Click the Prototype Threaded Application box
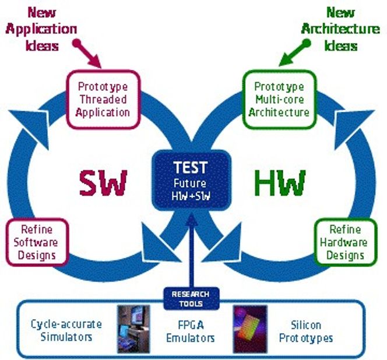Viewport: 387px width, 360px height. click(103, 100)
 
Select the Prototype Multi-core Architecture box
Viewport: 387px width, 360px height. click(279, 100)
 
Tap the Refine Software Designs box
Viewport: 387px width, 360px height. click(37, 242)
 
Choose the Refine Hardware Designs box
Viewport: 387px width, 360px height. click(345, 242)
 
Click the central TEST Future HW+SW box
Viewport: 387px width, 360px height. click(191, 180)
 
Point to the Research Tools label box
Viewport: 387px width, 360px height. click(191, 299)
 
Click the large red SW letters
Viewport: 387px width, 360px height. click(103, 183)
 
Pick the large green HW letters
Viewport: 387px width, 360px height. click(280, 183)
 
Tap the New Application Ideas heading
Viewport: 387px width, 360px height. click(41, 29)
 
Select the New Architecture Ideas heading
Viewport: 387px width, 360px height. click(340, 29)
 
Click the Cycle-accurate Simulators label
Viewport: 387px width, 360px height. click(66, 331)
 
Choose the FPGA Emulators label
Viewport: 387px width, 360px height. click(191, 331)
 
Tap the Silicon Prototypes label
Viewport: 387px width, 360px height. click(306, 331)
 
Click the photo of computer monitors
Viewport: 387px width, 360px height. click(133, 329)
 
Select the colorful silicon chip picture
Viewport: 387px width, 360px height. click(251, 329)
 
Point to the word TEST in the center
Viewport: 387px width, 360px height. click(190, 168)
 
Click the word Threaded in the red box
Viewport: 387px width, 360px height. click(103, 100)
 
